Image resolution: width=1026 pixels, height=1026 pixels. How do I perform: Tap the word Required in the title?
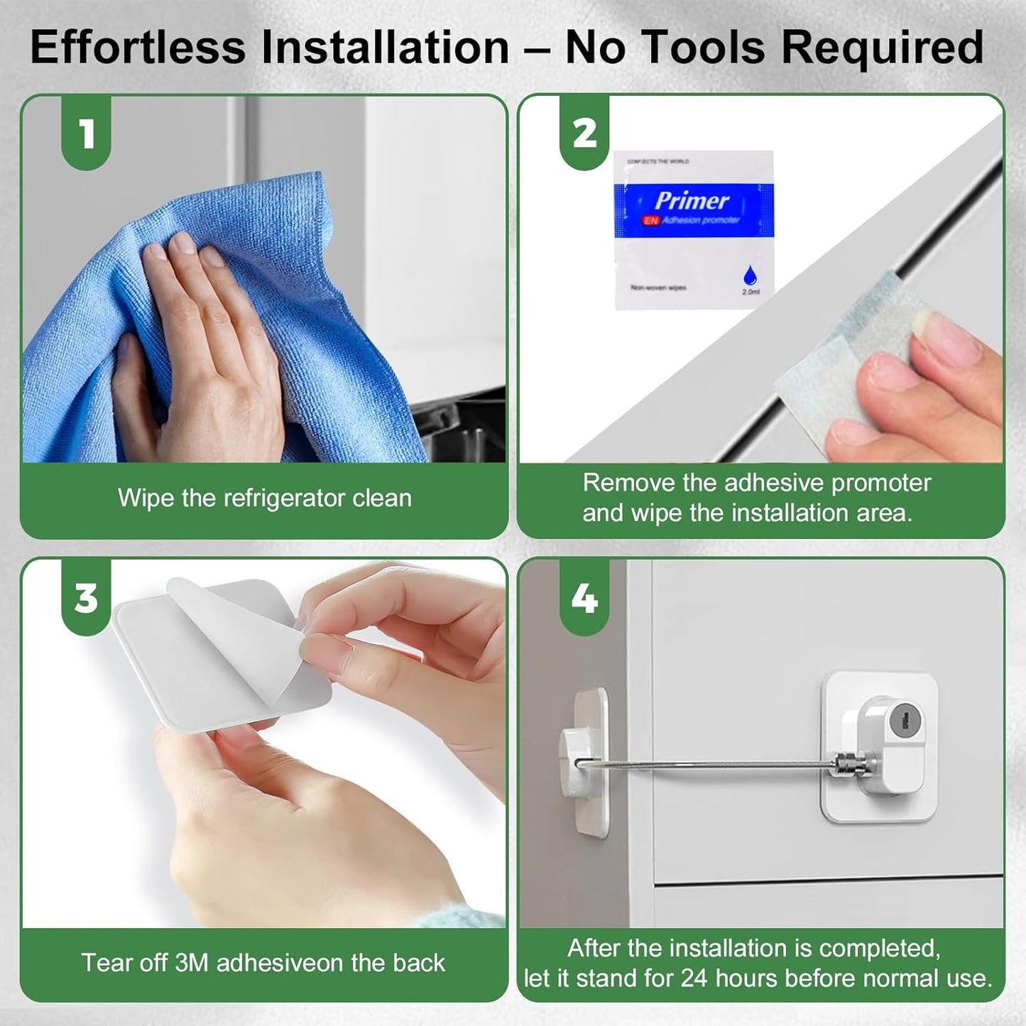pos(883,48)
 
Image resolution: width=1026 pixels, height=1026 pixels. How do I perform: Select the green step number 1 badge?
pos(87,133)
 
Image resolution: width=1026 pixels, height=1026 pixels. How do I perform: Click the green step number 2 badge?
pos(584,133)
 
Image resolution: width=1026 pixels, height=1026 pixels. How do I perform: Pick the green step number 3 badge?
pos(87,598)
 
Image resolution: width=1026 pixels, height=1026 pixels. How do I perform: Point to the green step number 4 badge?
pos(584,598)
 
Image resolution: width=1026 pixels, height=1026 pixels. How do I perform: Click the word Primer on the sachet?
pos(692,201)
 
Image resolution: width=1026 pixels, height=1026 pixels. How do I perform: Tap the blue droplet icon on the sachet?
pos(749,275)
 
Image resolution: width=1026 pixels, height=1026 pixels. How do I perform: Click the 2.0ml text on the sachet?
pos(751,292)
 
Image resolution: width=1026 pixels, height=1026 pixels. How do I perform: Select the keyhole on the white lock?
pos(904,719)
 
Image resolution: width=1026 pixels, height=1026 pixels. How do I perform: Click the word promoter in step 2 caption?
pos(880,483)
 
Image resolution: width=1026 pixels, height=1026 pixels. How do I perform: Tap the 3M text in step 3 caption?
pos(192,963)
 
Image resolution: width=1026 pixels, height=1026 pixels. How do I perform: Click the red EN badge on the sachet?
pos(650,221)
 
